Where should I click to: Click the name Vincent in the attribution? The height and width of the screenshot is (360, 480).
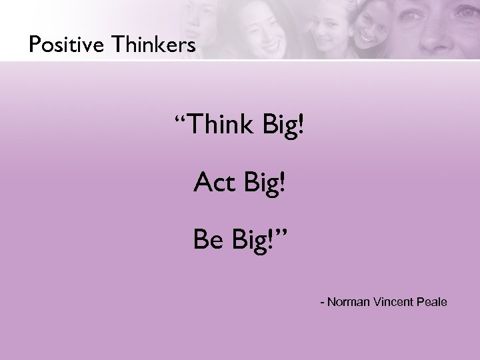click(x=391, y=303)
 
